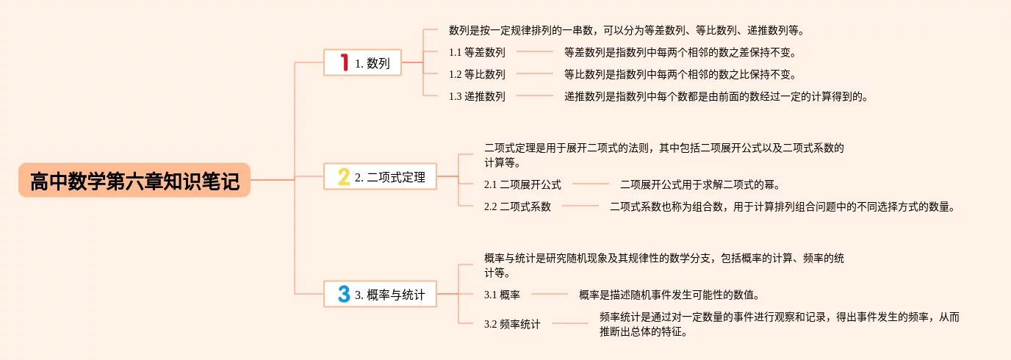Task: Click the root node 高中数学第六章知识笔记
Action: click(134, 181)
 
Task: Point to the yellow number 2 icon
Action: click(343, 177)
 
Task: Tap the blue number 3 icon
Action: click(343, 295)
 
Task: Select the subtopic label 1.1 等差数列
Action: click(477, 52)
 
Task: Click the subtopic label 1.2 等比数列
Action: click(477, 74)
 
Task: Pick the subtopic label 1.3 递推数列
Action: click(477, 96)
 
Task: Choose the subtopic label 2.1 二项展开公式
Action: click(522, 184)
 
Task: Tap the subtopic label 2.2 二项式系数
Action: click(517, 206)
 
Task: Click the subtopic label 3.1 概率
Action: click(502, 295)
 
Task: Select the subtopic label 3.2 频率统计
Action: click(512, 324)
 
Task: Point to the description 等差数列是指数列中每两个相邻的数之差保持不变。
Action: click(680, 52)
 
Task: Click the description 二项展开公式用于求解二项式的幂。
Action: click(700, 184)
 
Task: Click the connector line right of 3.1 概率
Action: click(549, 295)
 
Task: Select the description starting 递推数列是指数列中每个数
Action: click(716, 96)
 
